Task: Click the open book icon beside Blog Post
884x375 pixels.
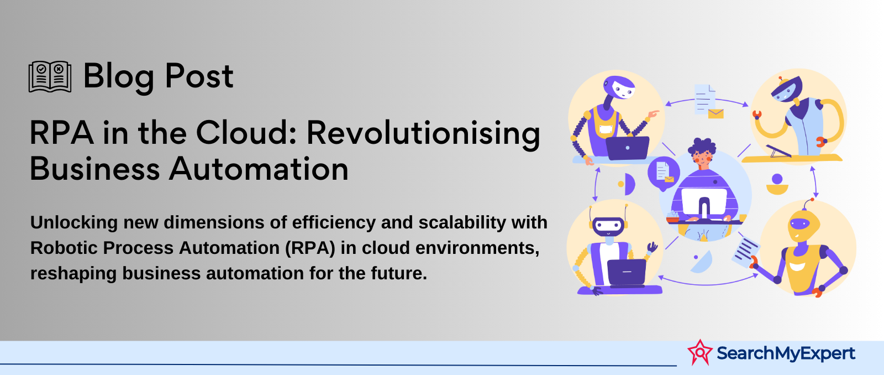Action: [50, 77]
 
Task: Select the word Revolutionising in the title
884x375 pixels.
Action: [423, 133]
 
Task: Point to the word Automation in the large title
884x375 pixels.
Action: [259, 169]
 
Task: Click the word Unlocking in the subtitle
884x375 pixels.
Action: [74, 222]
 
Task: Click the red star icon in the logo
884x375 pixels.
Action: [700, 352]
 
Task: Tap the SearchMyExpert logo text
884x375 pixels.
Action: [786, 353]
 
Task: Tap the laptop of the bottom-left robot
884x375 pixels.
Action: [627, 273]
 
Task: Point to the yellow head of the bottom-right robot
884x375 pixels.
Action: [803, 225]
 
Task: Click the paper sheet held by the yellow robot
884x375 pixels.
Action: [745, 252]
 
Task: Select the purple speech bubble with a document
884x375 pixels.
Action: [664, 173]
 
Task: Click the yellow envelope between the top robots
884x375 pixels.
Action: [716, 114]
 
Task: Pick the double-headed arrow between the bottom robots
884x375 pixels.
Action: [708, 283]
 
